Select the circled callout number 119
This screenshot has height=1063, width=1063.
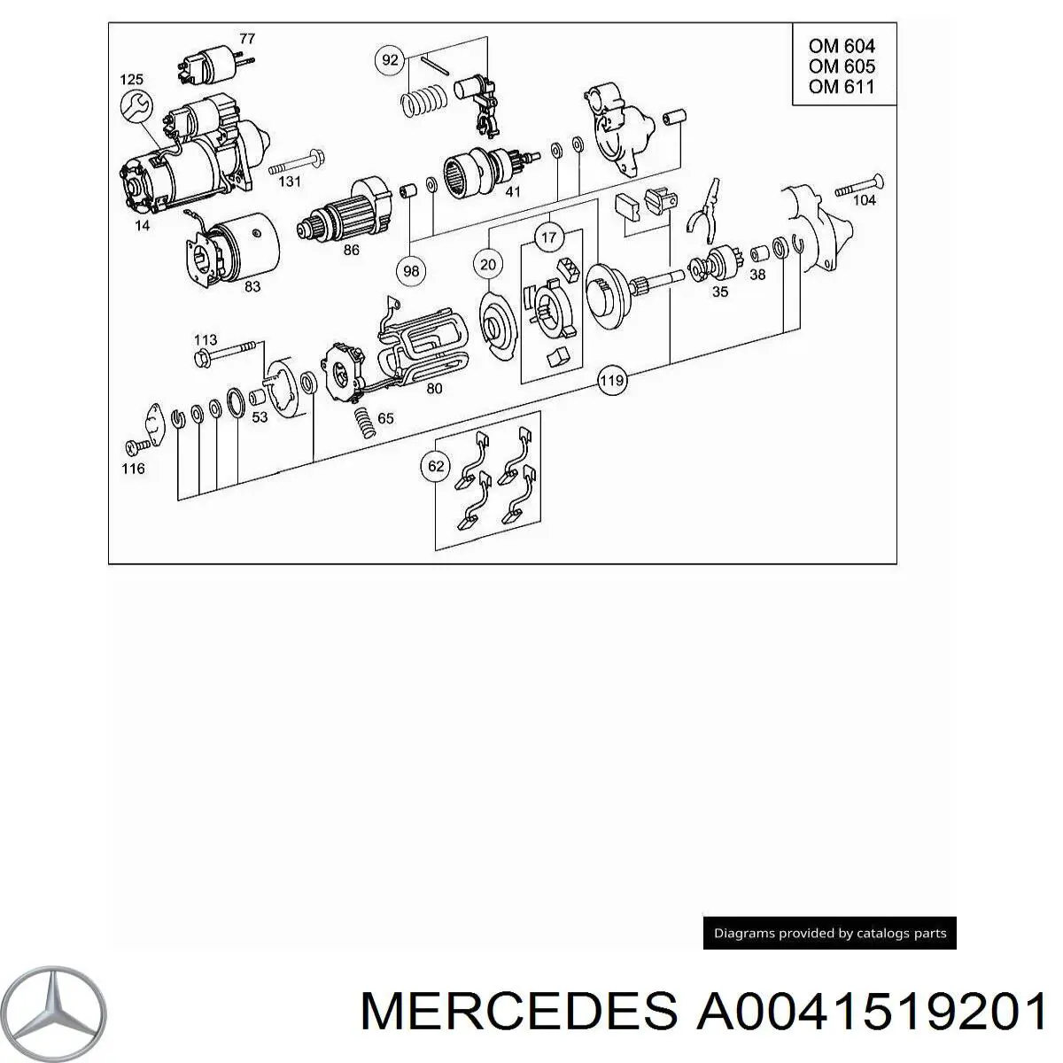pos(611,382)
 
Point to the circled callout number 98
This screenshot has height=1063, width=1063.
pos(411,270)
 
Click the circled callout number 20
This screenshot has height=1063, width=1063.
pos(488,263)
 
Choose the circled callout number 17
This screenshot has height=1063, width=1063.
pos(549,237)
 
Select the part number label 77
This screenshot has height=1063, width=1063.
pos(247,38)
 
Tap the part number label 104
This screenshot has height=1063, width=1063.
pos(864,200)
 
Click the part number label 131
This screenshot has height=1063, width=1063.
pos(291,182)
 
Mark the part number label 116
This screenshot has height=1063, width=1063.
pos(133,468)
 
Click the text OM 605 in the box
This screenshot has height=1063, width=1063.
pos(841,66)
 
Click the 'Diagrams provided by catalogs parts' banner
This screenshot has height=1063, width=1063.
pos(830,933)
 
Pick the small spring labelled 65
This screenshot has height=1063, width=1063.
pos(365,421)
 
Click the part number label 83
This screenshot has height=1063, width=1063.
pos(252,287)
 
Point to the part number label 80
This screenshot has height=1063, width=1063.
pos(434,388)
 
